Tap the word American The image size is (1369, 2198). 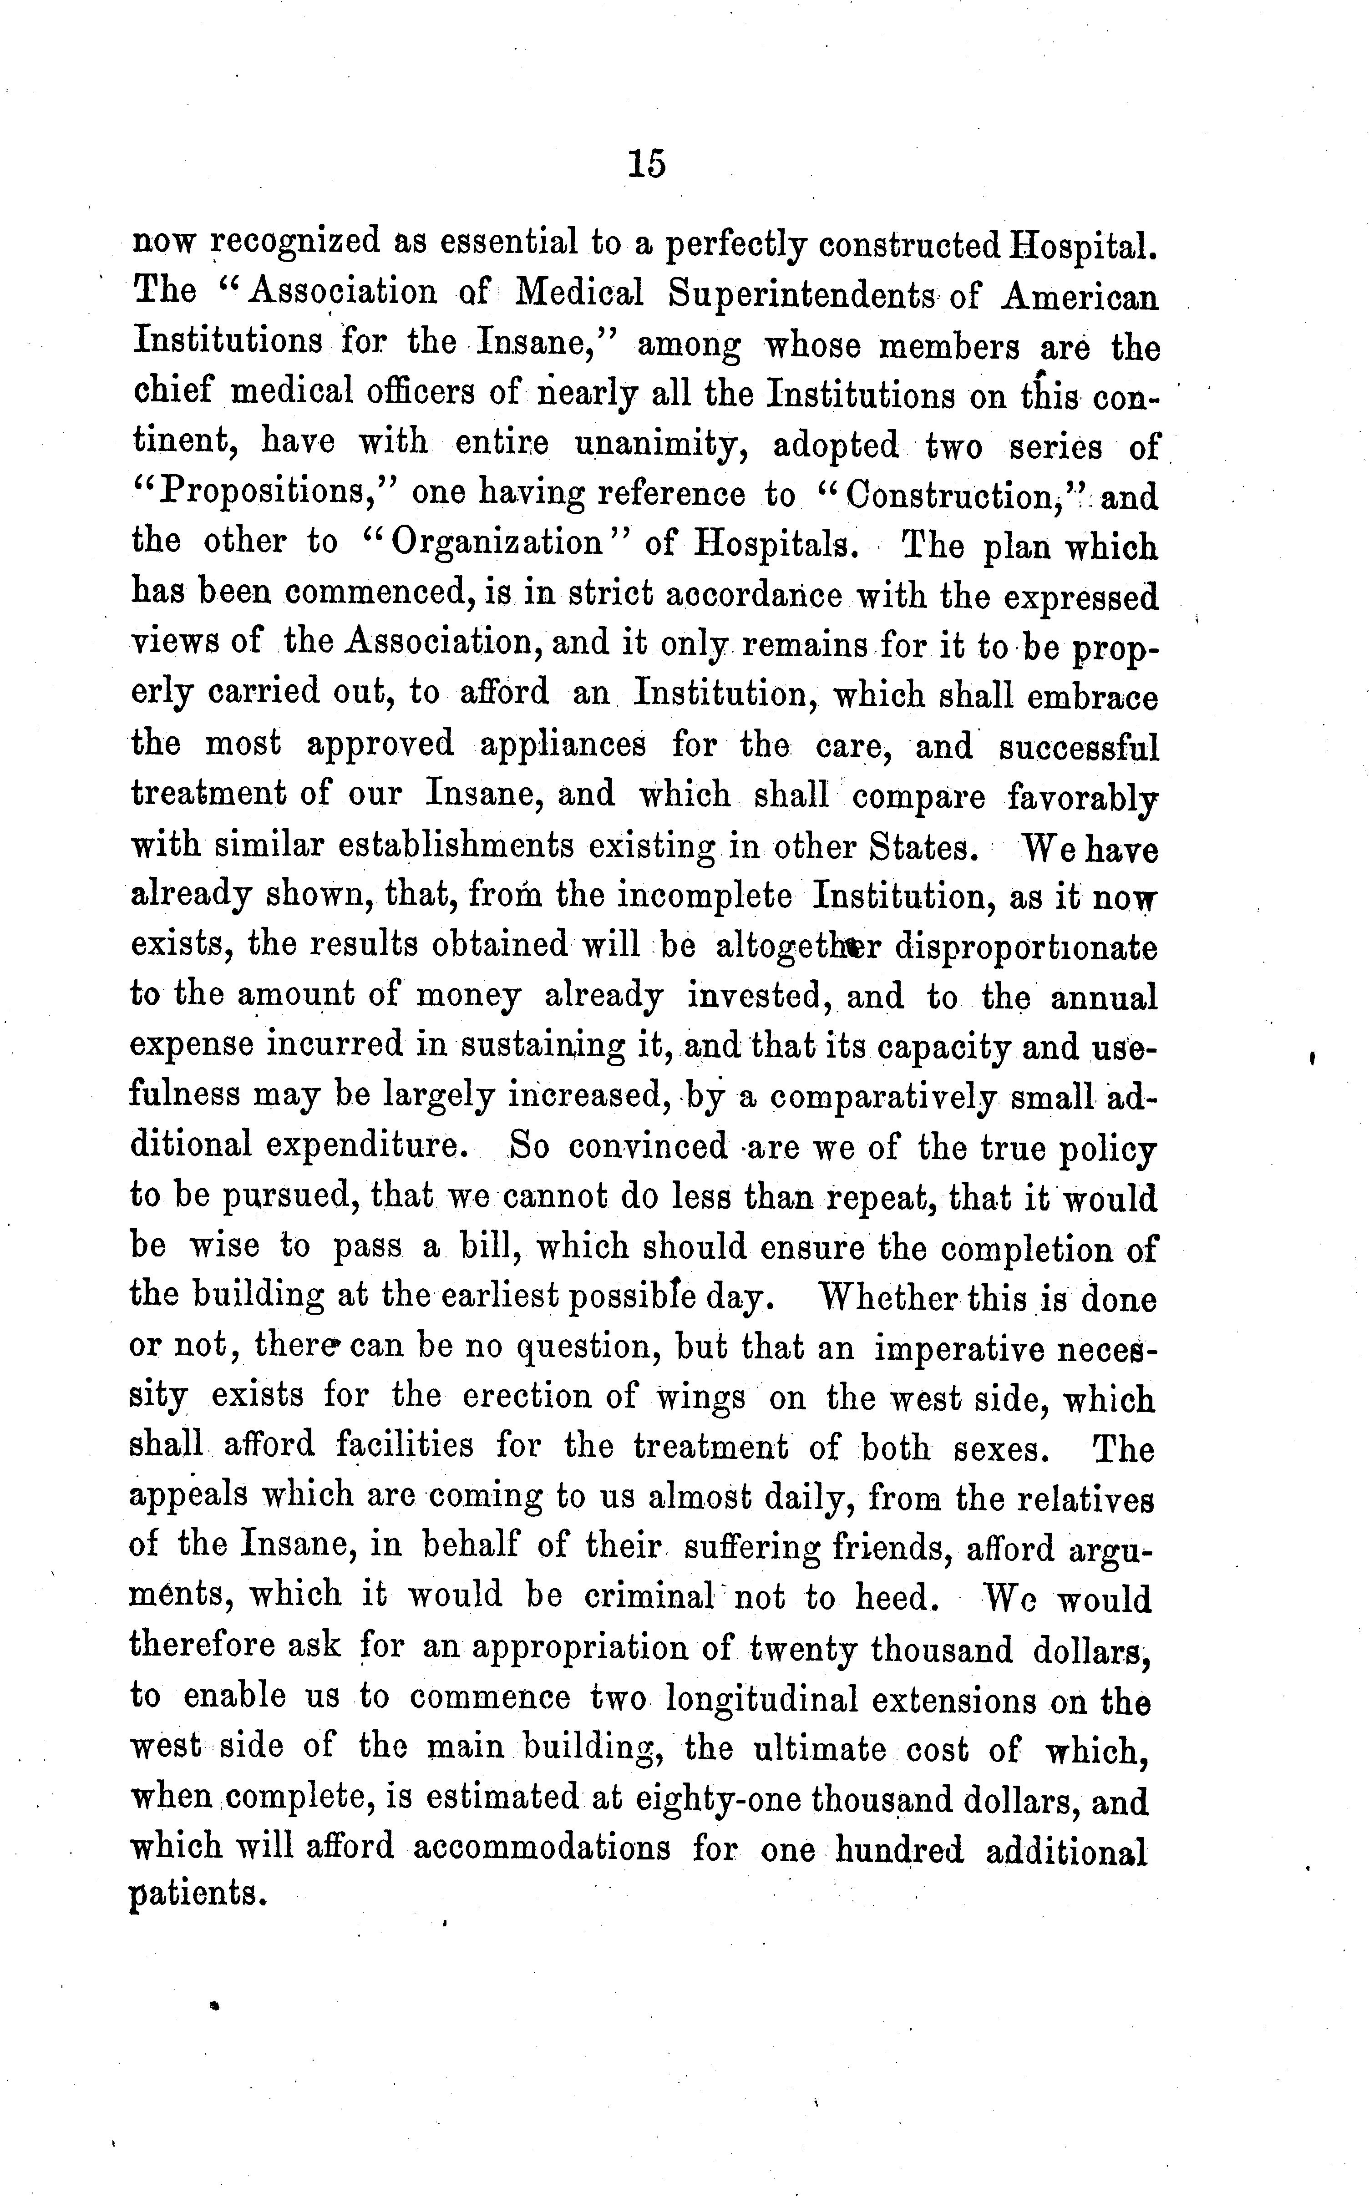coord(1079,296)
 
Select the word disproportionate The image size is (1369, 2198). coord(1027,947)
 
